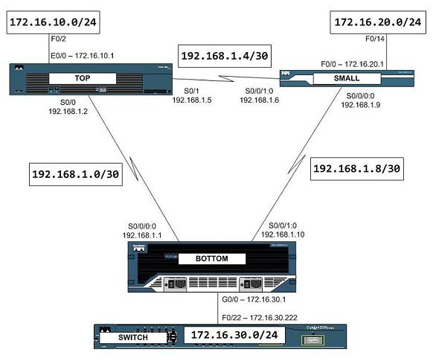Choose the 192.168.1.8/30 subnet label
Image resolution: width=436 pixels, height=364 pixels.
358,169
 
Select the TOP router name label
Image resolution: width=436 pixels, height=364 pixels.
78,77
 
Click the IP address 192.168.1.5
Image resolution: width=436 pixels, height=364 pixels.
192,99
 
